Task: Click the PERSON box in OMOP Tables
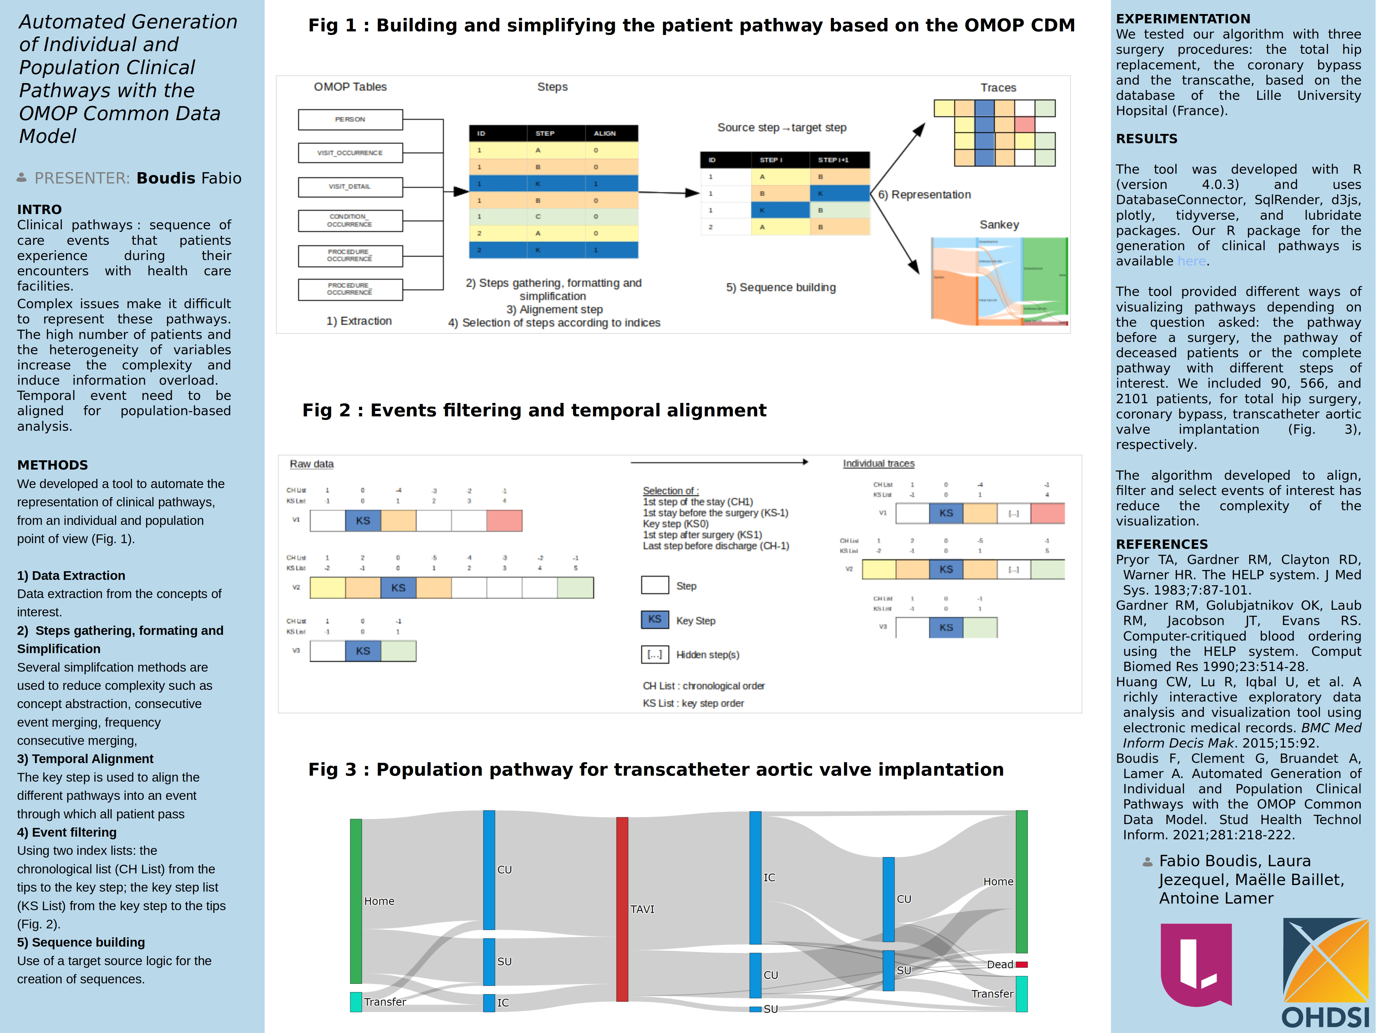pos(350,120)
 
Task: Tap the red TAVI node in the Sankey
pos(622,909)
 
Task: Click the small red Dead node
pos(1021,965)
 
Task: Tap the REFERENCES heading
pos(1162,544)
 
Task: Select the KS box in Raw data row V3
pos(363,651)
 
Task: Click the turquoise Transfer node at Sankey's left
pos(356,1002)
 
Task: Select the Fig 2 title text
pos(534,410)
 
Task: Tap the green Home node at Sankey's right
pos(1021,881)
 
